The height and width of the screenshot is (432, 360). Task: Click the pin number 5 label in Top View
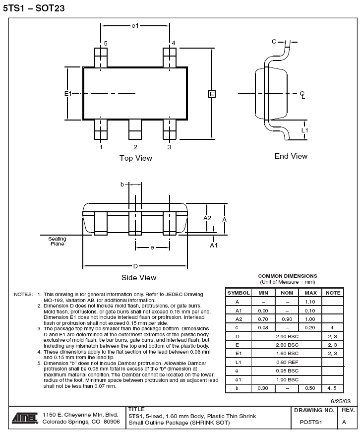(x=106, y=44)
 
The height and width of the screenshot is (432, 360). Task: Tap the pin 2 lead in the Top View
(x=135, y=129)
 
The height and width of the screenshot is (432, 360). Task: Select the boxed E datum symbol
(x=212, y=94)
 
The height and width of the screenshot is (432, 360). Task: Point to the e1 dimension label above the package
(x=135, y=26)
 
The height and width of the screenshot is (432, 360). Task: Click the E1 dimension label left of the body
(x=68, y=94)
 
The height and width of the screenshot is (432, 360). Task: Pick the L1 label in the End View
(x=304, y=130)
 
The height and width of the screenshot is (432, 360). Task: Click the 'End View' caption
(x=291, y=156)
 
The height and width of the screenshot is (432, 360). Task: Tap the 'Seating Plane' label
(x=58, y=241)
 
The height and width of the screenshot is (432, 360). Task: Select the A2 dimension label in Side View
(x=207, y=218)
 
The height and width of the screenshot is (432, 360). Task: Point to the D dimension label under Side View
(x=135, y=266)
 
